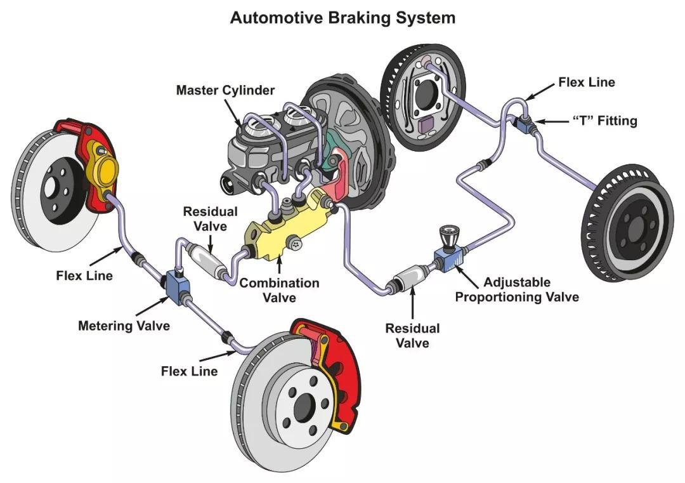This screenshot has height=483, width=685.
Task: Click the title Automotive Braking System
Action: click(x=342, y=17)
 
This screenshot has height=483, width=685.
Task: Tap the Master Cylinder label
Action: click(x=225, y=90)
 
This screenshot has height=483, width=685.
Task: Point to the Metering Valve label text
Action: click(x=124, y=326)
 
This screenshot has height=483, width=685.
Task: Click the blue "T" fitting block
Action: click(x=524, y=126)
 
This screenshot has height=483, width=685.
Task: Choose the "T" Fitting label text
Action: click(x=596, y=121)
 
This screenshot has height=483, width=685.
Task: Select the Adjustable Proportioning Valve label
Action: click(x=517, y=289)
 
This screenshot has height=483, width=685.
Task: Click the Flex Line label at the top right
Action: click(x=586, y=82)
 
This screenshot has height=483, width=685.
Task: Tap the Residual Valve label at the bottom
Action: click(x=412, y=336)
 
